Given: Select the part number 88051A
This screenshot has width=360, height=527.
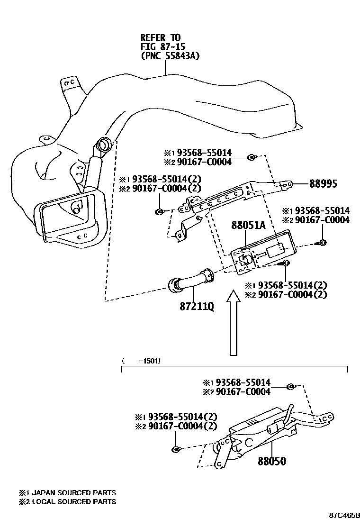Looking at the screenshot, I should pos(248,226).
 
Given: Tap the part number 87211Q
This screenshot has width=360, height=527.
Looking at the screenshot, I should pos(196,307).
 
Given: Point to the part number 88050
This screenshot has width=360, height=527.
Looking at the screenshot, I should pos(272,461).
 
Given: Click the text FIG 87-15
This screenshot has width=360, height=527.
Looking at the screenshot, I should pos(162,46).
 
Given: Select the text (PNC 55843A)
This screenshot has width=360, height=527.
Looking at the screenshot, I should pos(170,56).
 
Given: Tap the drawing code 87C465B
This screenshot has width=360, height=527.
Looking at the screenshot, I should pos(345,515).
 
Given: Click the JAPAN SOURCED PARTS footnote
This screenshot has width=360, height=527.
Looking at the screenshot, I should pos(67,493).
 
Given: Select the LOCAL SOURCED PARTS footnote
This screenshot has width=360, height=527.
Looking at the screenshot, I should pos(67,501).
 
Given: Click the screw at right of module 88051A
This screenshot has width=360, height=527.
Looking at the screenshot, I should pos(322,243).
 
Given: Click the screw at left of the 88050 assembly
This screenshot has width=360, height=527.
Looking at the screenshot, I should pos(176,449).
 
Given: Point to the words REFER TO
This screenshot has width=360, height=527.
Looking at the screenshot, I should pos(160,37).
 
